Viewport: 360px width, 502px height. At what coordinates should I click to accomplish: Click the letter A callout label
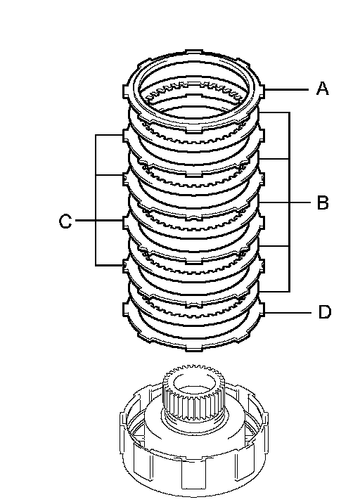click(x=322, y=89)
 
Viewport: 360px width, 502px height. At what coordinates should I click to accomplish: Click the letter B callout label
click(x=323, y=202)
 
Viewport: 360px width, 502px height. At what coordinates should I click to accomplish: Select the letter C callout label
click(x=65, y=221)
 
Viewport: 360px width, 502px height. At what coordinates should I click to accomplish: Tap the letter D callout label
click(x=324, y=312)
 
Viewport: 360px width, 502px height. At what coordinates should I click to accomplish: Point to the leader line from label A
click(x=286, y=89)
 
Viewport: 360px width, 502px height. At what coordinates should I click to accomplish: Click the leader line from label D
click(x=288, y=312)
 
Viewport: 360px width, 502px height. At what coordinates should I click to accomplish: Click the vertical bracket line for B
click(x=290, y=202)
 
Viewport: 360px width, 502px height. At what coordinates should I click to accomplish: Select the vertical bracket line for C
click(x=96, y=200)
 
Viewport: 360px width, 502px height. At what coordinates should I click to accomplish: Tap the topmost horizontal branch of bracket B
click(x=274, y=112)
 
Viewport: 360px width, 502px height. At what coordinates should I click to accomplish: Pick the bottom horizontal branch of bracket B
click(x=274, y=291)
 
